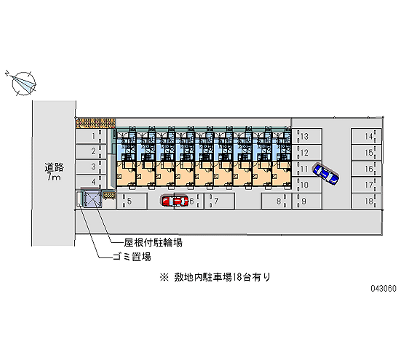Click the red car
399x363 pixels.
(x=173, y=201)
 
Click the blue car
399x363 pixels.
(x=326, y=173)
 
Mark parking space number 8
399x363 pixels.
(x=275, y=201)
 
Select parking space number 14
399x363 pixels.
(x=366, y=136)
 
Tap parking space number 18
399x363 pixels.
(x=366, y=201)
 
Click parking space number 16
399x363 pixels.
(x=366, y=169)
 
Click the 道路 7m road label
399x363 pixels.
(x=53, y=172)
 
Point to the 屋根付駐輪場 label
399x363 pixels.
(x=153, y=243)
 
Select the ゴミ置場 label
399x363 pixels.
(x=132, y=257)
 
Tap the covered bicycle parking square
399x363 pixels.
(x=92, y=200)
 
